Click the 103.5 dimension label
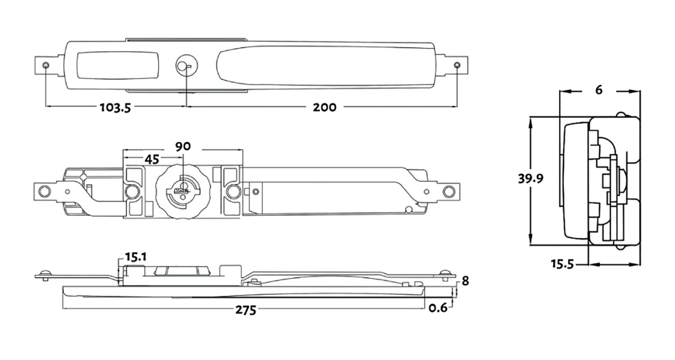(115, 108)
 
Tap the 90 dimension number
(183, 146)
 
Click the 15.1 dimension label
(135, 257)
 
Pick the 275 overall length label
(246, 310)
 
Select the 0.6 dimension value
(438, 308)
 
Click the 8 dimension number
(465, 281)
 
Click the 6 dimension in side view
(598, 90)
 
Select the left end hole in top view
(46, 66)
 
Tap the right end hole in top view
(457, 66)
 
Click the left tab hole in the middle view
(44, 191)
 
